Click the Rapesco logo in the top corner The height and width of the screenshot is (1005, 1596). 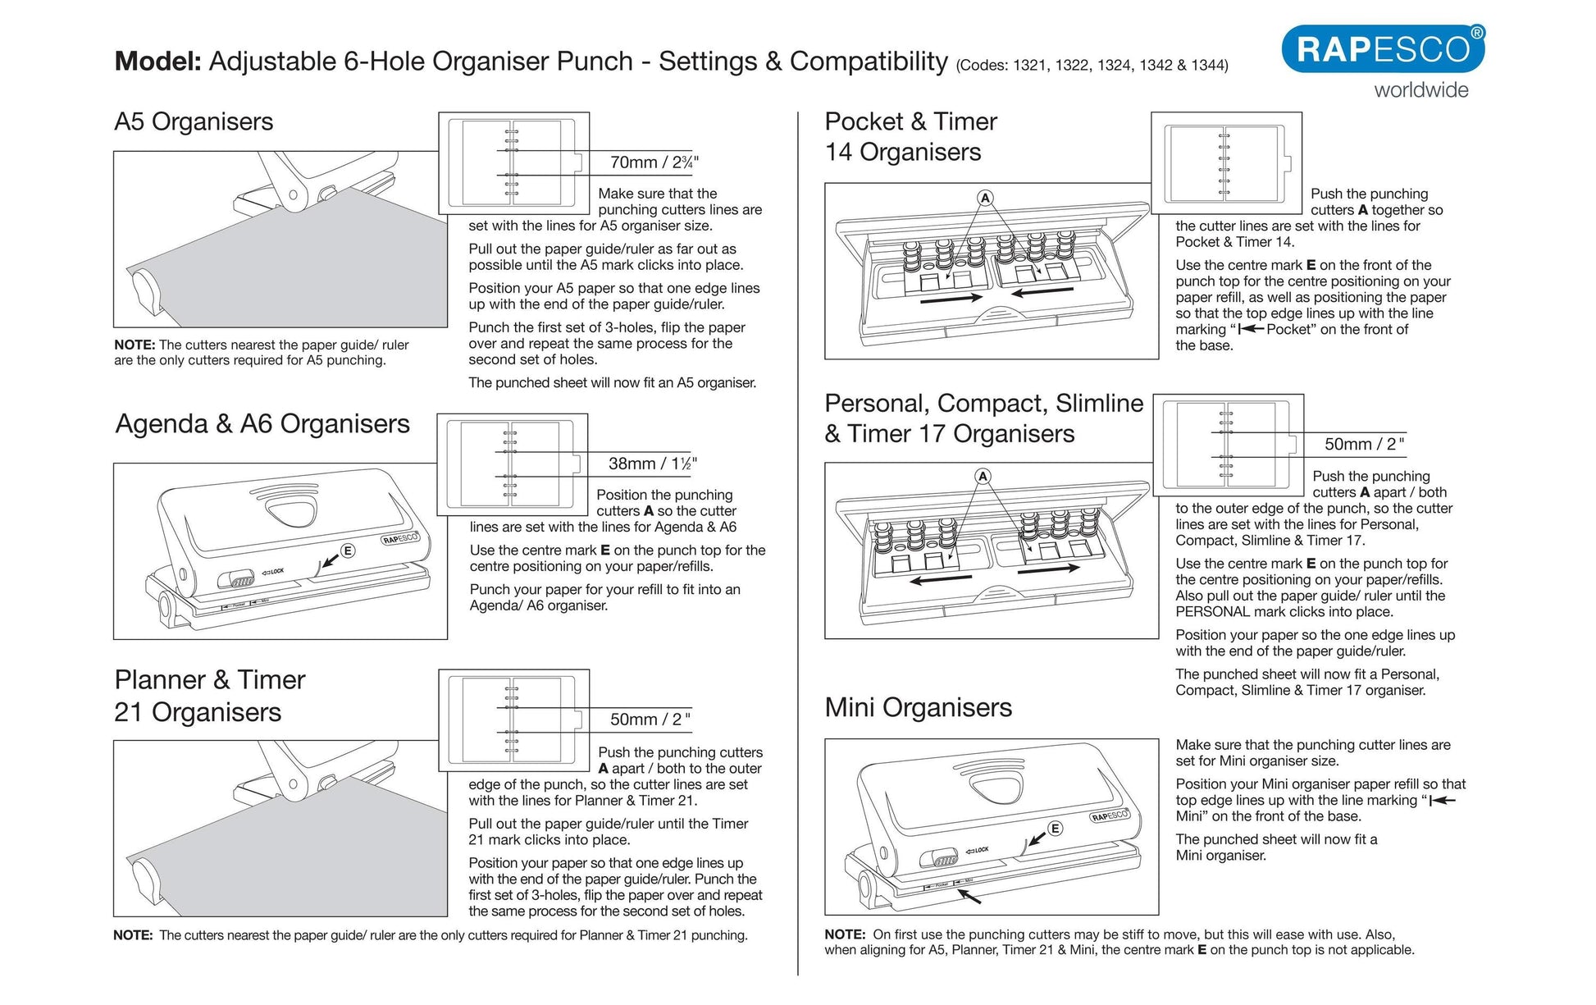click(x=1382, y=49)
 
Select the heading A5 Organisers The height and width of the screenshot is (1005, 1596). click(x=194, y=121)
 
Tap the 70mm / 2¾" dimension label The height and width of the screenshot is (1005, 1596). click(x=654, y=162)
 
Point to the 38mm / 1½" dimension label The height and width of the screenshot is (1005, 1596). click(x=652, y=464)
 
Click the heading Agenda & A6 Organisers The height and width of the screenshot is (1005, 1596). click(x=262, y=424)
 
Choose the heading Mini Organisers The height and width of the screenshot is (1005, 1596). click(x=918, y=707)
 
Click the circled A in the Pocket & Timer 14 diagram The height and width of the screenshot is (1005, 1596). click(x=985, y=198)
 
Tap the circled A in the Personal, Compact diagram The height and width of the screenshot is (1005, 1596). click(x=983, y=477)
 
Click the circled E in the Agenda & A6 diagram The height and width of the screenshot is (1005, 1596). click(x=348, y=550)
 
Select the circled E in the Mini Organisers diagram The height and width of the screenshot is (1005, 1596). click(x=1056, y=829)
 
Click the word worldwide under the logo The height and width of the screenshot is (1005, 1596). click(x=1421, y=90)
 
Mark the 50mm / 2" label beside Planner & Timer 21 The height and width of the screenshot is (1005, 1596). click(x=650, y=719)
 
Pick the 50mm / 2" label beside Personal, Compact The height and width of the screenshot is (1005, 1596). click(x=1364, y=445)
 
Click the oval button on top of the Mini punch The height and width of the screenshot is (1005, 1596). click(x=996, y=788)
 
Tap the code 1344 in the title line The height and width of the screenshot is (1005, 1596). click(x=1210, y=66)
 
